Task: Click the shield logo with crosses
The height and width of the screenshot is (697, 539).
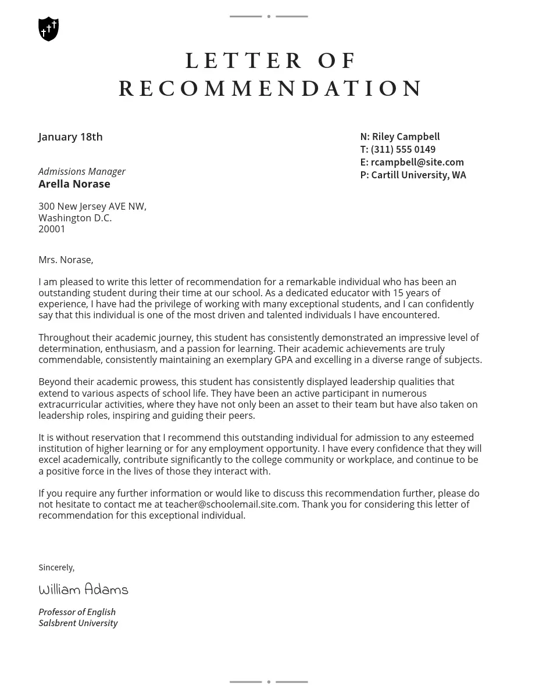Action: (48, 29)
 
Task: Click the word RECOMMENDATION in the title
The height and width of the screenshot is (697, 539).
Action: (271, 89)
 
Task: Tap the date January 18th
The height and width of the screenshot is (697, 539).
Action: (70, 137)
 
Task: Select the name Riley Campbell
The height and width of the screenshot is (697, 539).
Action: (406, 137)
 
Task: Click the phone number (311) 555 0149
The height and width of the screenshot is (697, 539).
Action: (403, 150)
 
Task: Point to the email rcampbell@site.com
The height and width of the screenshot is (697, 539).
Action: (417, 163)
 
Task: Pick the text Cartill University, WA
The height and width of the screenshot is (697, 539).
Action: (419, 175)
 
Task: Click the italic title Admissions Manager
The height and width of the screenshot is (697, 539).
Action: (82, 171)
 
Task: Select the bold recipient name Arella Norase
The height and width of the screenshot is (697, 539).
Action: (74, 184)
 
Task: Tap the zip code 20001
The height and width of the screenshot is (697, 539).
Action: (52, 229)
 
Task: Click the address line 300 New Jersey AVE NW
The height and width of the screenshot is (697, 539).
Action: (92, 207)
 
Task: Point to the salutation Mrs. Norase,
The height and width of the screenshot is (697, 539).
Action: (66, 260)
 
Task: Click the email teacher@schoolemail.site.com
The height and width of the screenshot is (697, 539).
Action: (231, 505)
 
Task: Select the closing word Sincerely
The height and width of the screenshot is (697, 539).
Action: (56, 567)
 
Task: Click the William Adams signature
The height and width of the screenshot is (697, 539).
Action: (83, 590)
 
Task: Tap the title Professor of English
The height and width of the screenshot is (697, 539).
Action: (77, 612)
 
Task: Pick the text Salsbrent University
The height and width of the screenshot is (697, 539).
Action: (78, 623)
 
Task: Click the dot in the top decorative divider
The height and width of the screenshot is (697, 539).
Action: (269, 16)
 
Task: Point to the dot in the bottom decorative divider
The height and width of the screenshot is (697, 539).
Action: (269, 682)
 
